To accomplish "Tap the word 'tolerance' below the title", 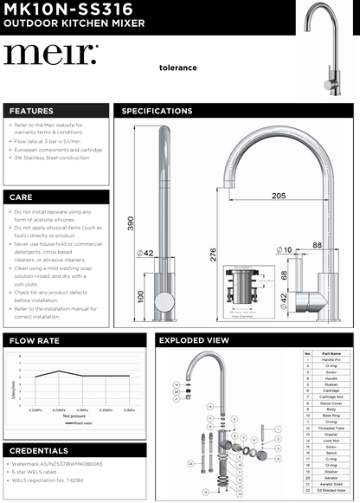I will coord(177,68).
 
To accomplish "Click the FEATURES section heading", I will coord(31,111).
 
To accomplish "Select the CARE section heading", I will coord(21,197).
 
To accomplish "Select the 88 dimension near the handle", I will coord(317,246).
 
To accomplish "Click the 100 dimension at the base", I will coord(140,297).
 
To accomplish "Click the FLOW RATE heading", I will coord(35,340).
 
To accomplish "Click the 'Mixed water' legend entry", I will coord(83,423).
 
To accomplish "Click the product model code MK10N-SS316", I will coord(67,10).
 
